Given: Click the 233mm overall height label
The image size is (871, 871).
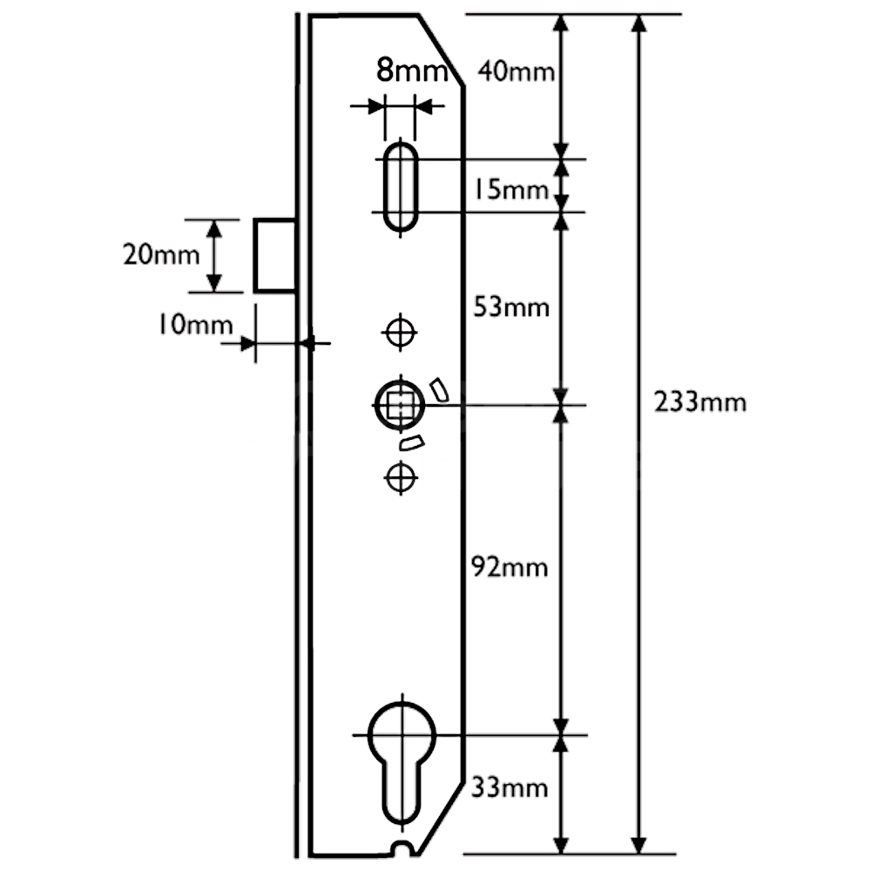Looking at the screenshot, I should [699, 402].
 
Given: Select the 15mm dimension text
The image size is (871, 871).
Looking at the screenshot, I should [512, 189].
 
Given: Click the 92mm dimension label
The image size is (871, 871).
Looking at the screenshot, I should [509, 567].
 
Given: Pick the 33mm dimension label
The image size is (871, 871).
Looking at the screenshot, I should [510, 788].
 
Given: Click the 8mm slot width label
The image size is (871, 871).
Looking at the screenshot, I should [409, 70].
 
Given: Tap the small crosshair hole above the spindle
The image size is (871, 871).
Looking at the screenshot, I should [400, 331].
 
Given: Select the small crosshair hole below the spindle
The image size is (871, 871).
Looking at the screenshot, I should [400, 476].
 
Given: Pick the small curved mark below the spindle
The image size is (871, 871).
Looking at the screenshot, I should [409, 442].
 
